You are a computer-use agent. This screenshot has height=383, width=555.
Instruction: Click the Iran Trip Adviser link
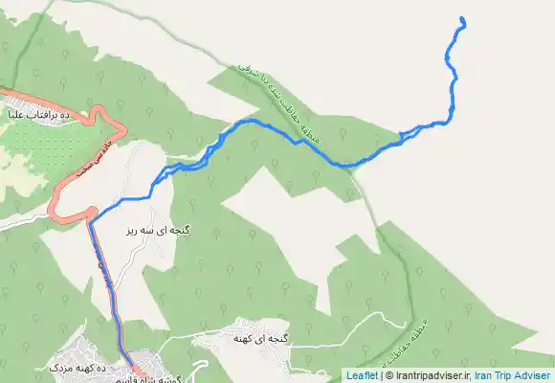pyautogui.click(x=514, y=375)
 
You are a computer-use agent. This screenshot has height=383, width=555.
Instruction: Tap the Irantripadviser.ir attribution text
pyautogui.click(x=433, y=375)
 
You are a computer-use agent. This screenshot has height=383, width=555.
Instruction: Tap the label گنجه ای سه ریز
pyautogui.click(x=158, y=231)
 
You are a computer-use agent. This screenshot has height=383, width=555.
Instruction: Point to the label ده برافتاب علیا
pyautogui.click(x=41, y=115)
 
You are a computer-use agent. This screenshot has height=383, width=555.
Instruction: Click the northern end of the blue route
pyautogui.click(x=462, y=19)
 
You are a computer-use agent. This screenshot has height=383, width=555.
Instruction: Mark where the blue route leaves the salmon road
pyautogui.click(x=92, y=220)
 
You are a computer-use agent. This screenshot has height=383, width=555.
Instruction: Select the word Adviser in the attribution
pyautogui.click(x=534, y=375)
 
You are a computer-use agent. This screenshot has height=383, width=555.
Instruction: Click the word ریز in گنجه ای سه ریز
pyautogui.click(x=133, y=231)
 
